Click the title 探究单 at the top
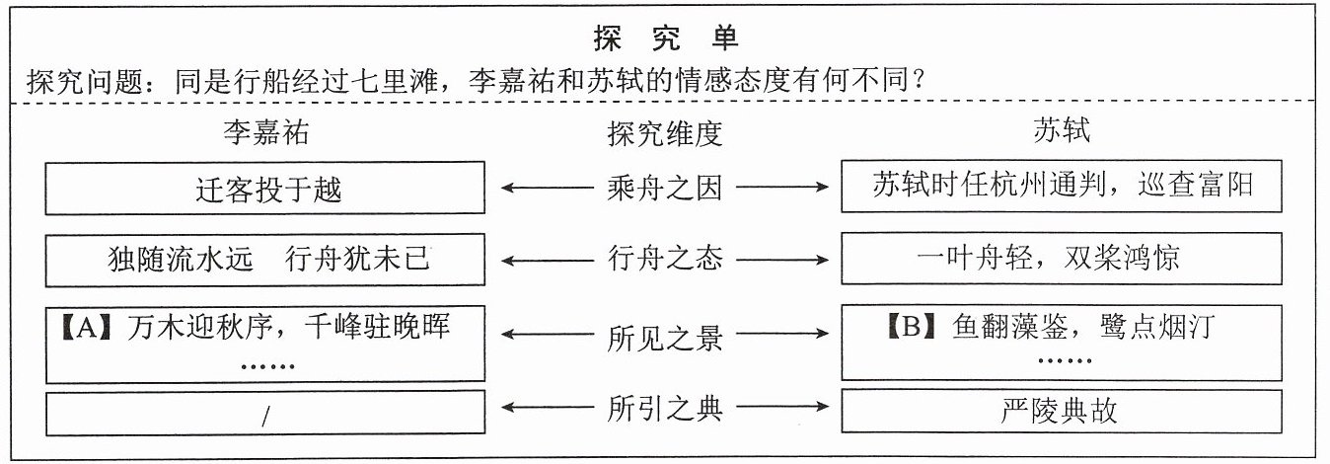click(x=666, y=39)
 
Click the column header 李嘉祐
click(x=266, y=132)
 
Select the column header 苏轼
click(x=1062, y=129)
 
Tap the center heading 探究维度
click(x=665, y=133)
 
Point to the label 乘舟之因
click(x=665, y=189)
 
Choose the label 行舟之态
click(x=665, y=259)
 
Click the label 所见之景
click(x=665, y=338)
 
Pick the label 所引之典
click(x=665, y=408)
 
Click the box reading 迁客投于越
click(x=264, y=188)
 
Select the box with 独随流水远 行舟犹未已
click(x=264, y=260)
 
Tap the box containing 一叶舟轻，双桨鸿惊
click(x=1062, y=259)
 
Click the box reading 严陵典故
click(x=1062, y=411)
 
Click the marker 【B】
click(x=912, y=326)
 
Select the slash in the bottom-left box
click(x=265, y=417)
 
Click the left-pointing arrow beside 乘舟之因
click(x=548, y=188)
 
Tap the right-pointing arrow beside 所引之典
click(x=782, y=407)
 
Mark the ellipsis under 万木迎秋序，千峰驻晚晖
click(x=267, y=366)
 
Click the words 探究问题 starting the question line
click(x=85, y=81)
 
